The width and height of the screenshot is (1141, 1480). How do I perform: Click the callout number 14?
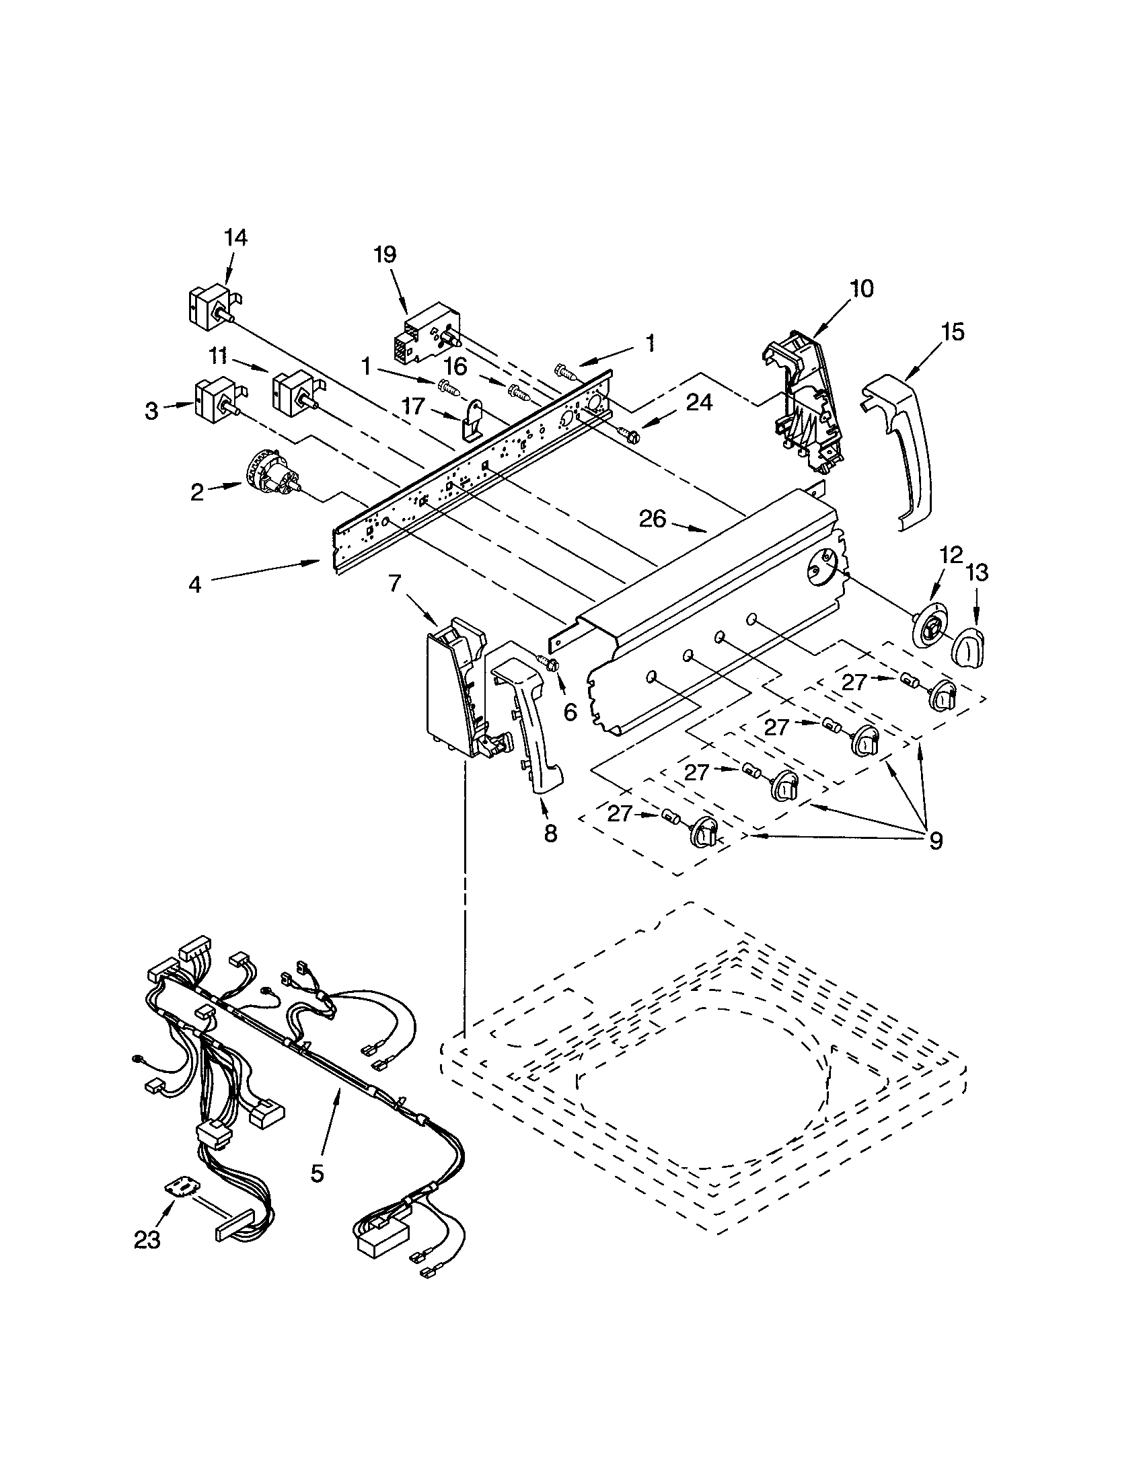235,238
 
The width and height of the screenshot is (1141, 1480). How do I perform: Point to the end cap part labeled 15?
901,455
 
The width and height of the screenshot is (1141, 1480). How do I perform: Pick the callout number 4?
195,584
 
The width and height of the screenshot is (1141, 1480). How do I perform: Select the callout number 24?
699,402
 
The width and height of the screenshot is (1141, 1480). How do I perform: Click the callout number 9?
936,841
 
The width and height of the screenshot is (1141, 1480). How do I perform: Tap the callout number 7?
394,582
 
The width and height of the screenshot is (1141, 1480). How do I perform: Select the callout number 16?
455,367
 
